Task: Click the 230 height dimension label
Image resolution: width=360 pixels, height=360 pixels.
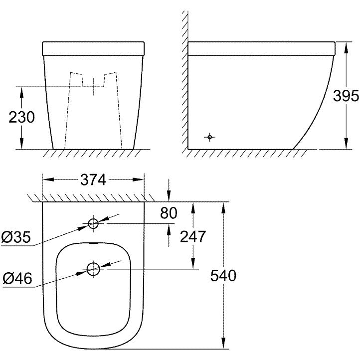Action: coord(21,118)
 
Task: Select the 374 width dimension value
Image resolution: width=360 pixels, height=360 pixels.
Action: coord(93,180)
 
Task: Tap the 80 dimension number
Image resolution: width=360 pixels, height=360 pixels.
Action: coord(169,213)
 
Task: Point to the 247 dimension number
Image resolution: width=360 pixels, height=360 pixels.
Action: coord(192,236)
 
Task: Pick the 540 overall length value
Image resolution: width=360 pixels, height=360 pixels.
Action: coord(222,275)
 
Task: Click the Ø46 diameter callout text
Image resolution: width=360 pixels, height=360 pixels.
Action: coord(17,278)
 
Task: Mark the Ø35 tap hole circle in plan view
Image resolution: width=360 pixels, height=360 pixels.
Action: coord(94,224)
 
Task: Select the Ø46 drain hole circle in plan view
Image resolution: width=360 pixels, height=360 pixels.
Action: coord(94,269)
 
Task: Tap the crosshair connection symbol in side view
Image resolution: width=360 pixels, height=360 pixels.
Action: coord(210,137)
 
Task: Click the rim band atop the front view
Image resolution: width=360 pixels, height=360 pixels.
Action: coord(93,48)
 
